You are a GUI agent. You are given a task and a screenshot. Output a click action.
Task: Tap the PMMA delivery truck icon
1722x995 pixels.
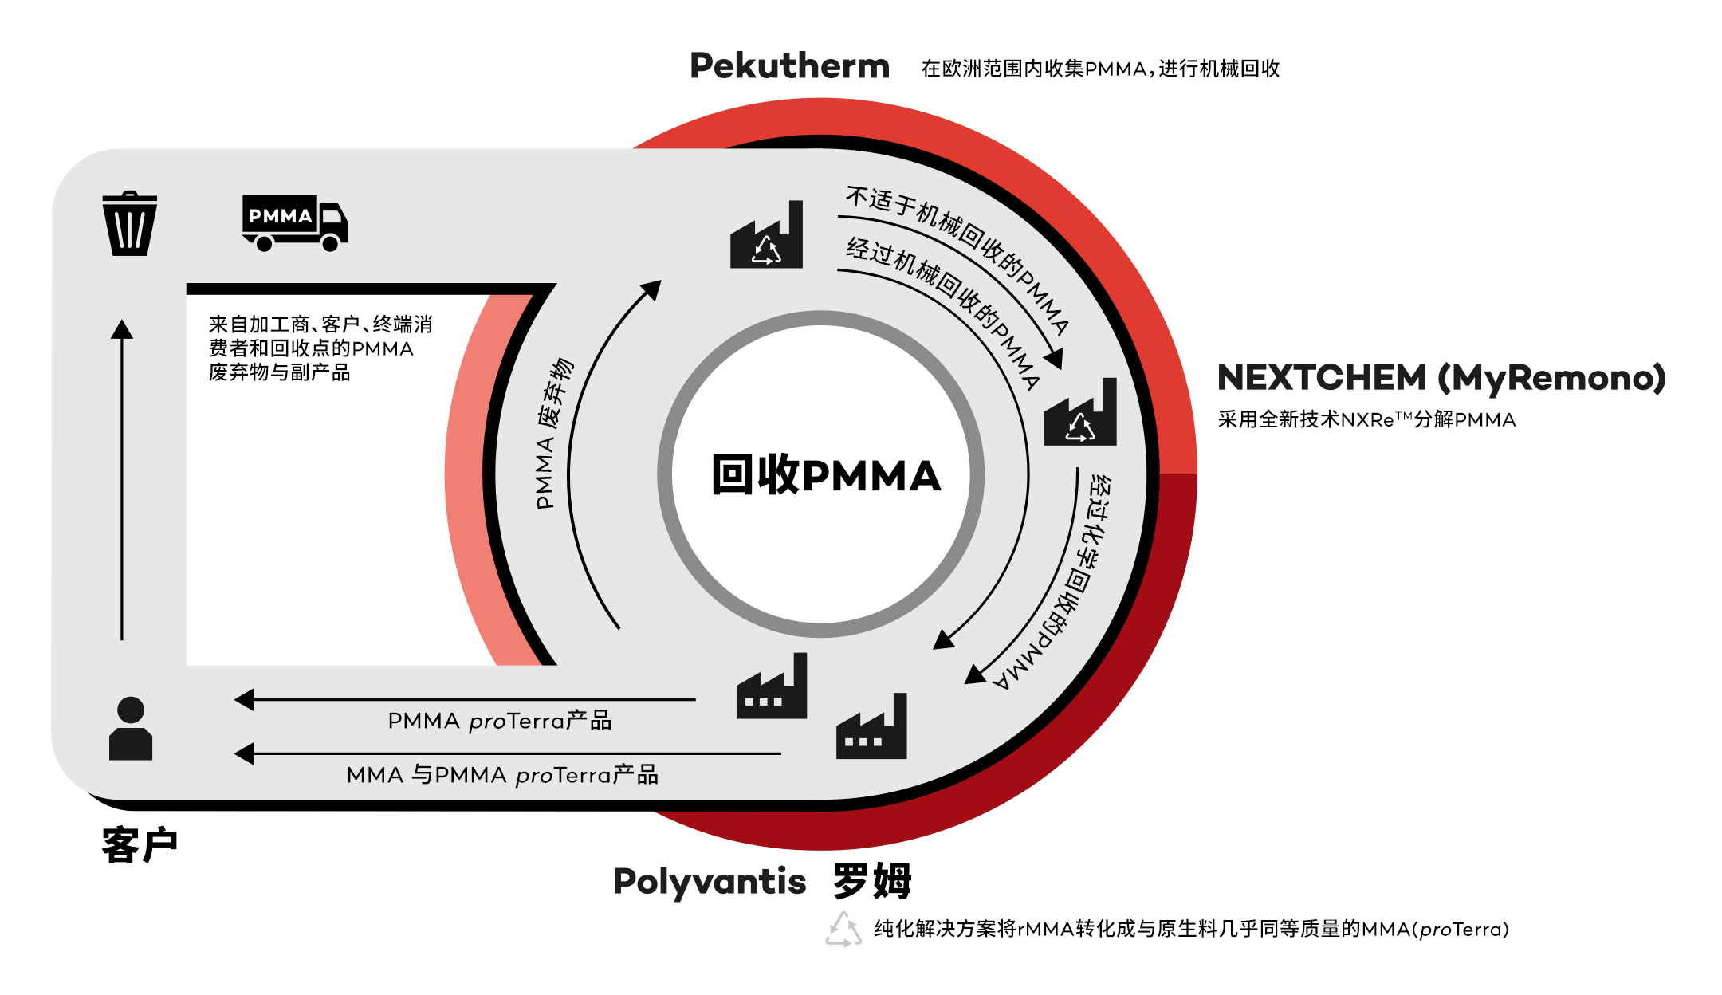point(294,222)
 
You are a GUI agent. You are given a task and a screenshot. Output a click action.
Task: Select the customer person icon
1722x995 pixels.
point(131,729)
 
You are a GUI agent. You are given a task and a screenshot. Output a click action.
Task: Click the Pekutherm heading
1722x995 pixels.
point(789,66)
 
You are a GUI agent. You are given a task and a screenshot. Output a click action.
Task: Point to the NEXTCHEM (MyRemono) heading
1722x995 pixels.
point(1441,378)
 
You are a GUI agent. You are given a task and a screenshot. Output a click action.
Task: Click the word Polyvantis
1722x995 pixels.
point(710,882)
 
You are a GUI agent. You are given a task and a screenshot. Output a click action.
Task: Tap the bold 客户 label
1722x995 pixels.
point(140,845)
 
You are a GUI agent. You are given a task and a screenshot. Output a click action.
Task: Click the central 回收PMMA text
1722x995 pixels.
point(826,475)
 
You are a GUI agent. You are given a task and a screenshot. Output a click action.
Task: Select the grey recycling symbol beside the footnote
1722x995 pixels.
point(843,930)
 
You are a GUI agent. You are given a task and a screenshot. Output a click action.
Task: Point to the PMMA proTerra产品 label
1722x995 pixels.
point(499,722)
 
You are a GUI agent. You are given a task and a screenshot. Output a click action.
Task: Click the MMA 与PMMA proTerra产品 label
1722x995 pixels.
point(502,775)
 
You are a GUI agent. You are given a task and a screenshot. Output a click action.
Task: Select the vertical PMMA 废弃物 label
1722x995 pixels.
point(554,434)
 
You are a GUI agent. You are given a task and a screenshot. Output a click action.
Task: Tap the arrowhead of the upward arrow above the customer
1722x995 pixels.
point(122,328)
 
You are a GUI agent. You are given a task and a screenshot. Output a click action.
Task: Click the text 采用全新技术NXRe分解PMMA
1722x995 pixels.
point(1366,420)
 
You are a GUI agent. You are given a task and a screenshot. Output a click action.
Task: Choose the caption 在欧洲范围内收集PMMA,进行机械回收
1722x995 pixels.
point(1100,69)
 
